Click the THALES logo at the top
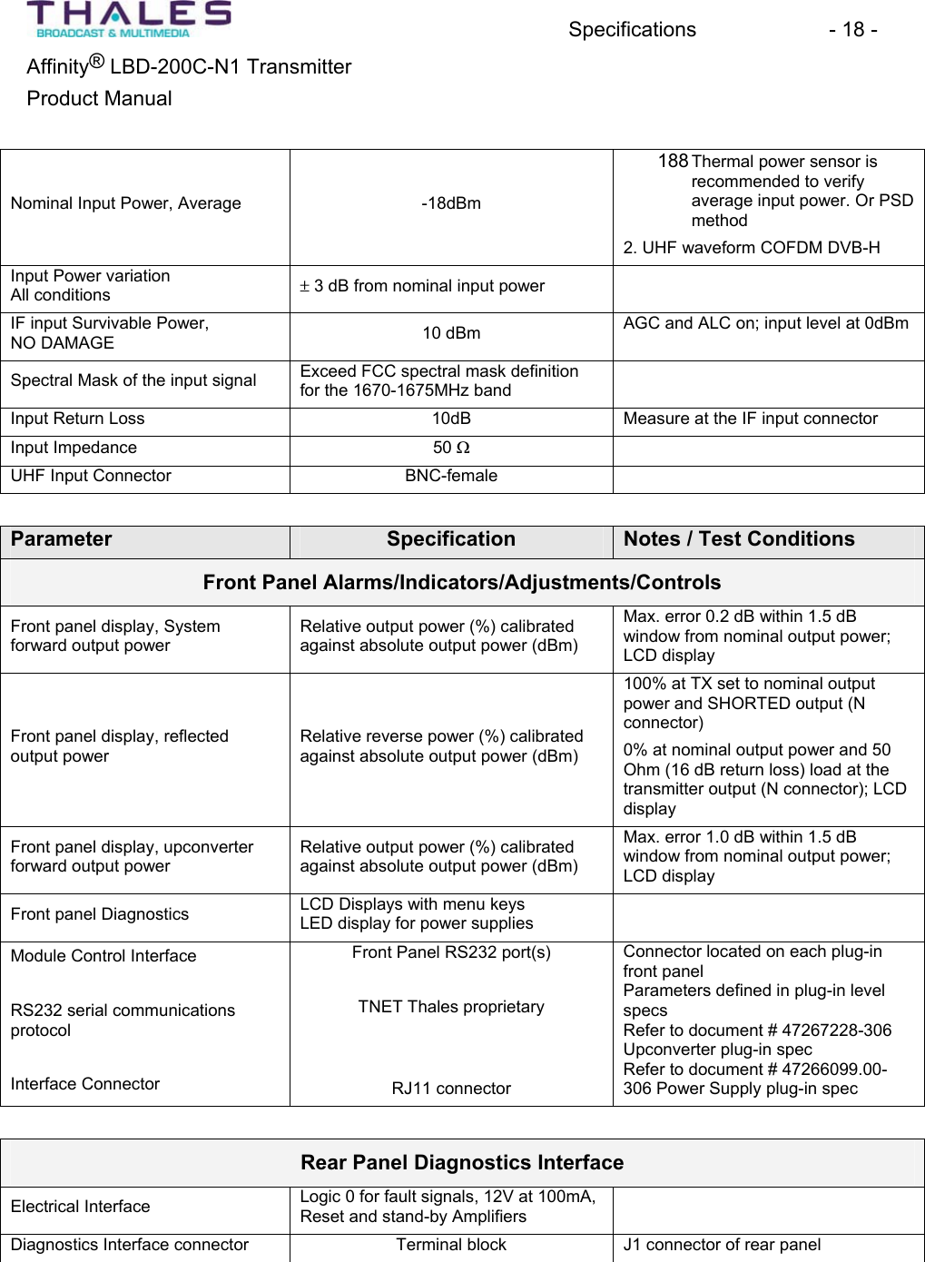pos(128,19)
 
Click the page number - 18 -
pos(851,30)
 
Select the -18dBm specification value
pos(450,203)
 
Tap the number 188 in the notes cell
pos(673,162)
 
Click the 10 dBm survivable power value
pos(450,333)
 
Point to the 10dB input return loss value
pos(450,419)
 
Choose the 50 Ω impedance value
pos(450,448)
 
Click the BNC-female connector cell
pos(450,476)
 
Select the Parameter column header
pos(62,539)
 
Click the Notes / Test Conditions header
pos(738,539)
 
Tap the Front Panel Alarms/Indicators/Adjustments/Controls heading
pos(461,583)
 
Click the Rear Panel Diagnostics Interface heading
pos(461,1163)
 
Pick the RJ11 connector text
pos(450,1089)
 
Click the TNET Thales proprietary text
pos(450,1007)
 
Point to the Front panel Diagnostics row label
pos(100,914)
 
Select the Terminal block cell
pos(450,1245)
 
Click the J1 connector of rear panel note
pos(722,1245)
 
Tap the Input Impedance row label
pos(74,448)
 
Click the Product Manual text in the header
pos(99,99)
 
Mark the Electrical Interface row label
pos(80,1207)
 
